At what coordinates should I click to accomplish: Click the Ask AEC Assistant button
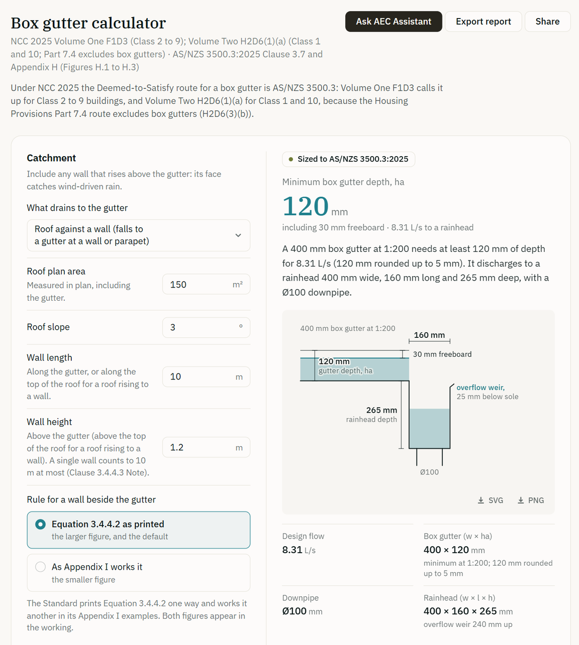[x=394, y=22]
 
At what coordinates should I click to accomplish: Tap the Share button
[x=547, y=22]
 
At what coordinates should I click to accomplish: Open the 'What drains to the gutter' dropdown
[x=138, y=235]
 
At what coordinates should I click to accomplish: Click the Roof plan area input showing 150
[x=206, y=284]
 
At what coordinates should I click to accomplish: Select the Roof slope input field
[x=206, y=327]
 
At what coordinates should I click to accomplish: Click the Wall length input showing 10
[x=206, y=376]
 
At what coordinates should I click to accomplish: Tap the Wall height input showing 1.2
[x=206, y=447]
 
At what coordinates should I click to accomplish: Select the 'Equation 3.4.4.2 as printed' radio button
[x=41, y=525]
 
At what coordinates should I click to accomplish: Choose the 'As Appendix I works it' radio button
[x=41, y=567]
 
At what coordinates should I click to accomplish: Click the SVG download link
[x=491, y=500]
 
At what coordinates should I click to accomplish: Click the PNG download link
[x=531, y=500]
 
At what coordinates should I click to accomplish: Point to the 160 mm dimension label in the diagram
[x=429, y=335]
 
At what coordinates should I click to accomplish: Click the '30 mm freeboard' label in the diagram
[x=442, y=354]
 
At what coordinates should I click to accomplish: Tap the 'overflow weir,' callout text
[x=480, y=388]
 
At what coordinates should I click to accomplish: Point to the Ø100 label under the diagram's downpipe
[x=429, y=472]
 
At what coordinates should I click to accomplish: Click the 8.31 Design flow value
[x=292, y=550]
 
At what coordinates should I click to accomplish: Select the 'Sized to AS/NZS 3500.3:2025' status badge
[x=348, y=159]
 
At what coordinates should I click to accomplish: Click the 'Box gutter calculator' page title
[x=88, y=23]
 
